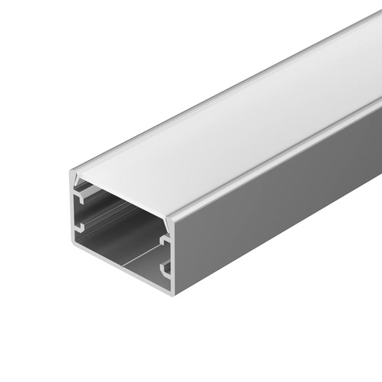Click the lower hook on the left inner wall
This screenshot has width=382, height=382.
79,227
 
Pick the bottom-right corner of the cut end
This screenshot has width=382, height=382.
172,293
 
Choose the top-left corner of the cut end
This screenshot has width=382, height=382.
72,172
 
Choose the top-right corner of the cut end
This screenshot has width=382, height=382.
172,222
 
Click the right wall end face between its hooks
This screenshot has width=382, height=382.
170,256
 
